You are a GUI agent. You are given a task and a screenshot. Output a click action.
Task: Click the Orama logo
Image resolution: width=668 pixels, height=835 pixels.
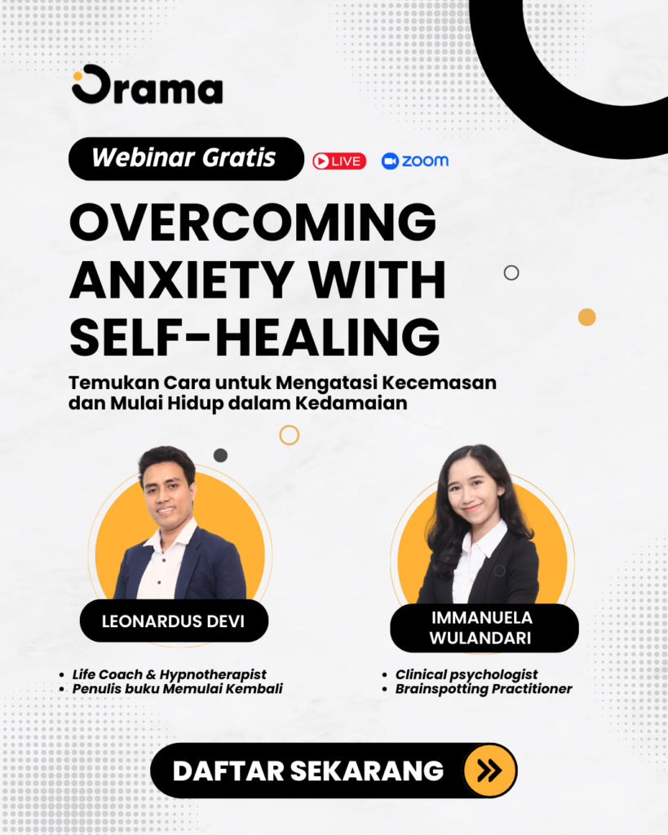[x=148, y=85]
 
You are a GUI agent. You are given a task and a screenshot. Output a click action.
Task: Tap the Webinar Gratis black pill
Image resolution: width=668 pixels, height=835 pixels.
[x=186, y=159]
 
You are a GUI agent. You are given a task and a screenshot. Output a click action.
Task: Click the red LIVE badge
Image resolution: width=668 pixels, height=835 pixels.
[x=339, y=161]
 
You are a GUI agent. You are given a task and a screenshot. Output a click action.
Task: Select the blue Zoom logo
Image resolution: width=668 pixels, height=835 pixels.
[x=415, y=161]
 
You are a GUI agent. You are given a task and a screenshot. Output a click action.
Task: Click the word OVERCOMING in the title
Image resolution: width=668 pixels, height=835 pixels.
[x=253, y=222]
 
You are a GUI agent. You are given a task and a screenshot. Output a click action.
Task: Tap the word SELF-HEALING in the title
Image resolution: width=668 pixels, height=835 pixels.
[x=254, y=337]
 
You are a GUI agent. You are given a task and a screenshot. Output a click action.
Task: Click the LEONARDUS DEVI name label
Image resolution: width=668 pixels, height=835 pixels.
[x=175, y=621]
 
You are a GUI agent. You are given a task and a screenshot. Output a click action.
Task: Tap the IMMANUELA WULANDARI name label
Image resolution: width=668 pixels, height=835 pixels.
[x=484, y=628]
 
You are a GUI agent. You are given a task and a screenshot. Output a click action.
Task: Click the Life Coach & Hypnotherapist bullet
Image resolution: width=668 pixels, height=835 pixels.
[x=170, y=674]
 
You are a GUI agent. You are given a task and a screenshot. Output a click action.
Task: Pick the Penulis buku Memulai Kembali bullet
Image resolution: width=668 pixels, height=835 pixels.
[x=177, y=689]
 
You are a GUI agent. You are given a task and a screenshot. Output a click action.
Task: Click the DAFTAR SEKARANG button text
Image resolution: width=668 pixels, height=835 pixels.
[x=307, y=771]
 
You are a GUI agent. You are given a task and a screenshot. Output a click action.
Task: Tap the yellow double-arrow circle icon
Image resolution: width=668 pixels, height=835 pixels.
[x=489, y=771]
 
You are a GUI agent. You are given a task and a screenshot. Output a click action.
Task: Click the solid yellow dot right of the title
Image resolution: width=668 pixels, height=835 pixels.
[x=587, y=317]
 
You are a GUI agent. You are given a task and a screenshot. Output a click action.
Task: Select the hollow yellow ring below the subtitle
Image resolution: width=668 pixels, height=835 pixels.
[x=290, y=426]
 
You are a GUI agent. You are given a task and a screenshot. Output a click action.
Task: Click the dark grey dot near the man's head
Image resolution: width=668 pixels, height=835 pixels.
[x=220, y=455]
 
